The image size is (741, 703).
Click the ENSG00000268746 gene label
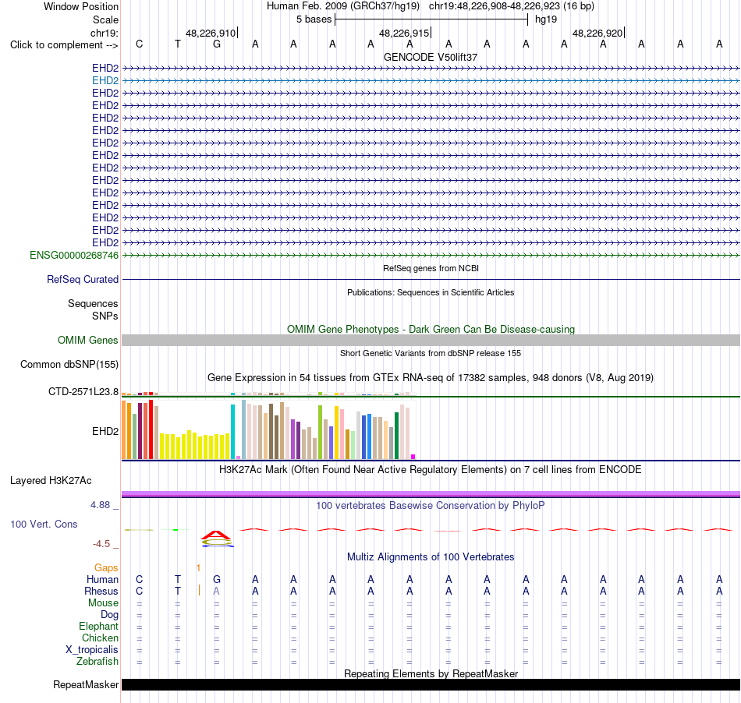point(74,256)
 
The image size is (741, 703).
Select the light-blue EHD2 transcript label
point(105,81)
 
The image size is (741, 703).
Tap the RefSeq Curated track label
point(83,280)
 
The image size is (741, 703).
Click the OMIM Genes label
point(88,340)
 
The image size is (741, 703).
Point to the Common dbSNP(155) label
point(69,365)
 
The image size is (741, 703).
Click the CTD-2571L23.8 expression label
point(83,391)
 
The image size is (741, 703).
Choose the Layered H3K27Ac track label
point(51,481)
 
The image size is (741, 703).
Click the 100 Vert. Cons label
point(44,524)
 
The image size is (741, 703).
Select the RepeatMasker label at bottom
point(86,684)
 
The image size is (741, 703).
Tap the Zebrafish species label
point(97,661)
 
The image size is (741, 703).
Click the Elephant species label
point(99,626)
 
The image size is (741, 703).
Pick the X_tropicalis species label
point(92,650)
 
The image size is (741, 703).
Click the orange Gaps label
point(106,567)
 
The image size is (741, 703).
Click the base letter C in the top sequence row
point(139,44)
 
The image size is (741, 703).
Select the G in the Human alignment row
point(216,579)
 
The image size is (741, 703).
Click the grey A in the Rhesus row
point(216,591)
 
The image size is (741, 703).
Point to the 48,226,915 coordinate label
point(404,33)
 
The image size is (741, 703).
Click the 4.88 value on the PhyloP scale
point(100,505)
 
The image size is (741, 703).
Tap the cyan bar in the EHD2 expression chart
point(233,432)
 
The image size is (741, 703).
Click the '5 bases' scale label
point(314,19)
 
